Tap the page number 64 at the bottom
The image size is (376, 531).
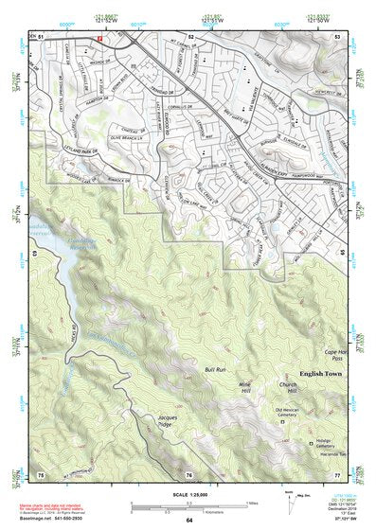pyautogui.click(x=188, y=521)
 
